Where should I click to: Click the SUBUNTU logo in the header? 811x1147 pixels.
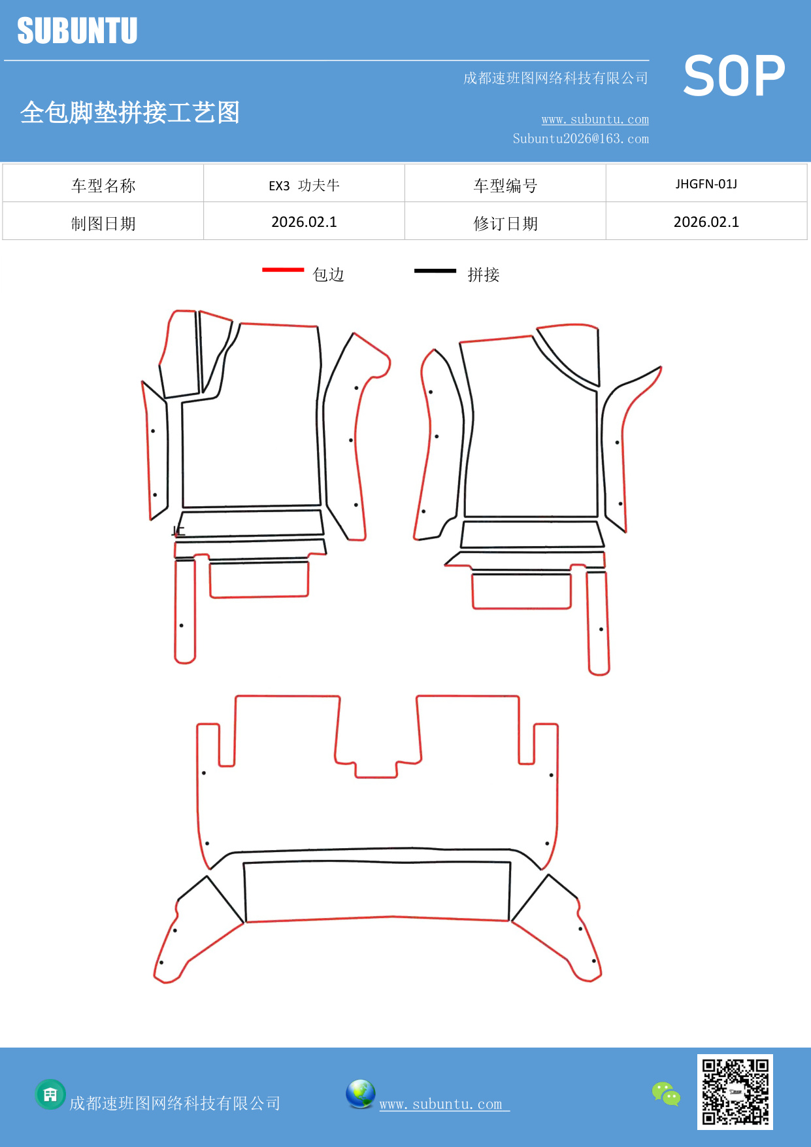point(77,31)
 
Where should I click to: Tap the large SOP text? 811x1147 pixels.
point(734,77)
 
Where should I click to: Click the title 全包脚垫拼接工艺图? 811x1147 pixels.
point(130,112)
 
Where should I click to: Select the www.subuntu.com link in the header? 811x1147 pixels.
point(595,120)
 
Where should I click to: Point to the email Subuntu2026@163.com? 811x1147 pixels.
point(580,139)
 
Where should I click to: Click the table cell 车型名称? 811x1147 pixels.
point(103,186)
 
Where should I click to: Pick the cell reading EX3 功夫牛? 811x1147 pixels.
point(304,186)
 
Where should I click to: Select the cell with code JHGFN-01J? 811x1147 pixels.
point(706,184)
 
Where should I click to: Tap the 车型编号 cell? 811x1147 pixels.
point(505,186)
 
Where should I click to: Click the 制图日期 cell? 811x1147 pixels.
point(103,224)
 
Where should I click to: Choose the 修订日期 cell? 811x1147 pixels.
point(505,224)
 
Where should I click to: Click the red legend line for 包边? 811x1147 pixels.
point(283,269)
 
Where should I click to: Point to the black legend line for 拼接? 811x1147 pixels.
point(435,270)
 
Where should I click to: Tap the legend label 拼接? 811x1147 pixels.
point(483,275)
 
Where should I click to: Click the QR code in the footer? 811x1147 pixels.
point(735,1091)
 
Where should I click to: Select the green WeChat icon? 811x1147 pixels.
point(666,1094)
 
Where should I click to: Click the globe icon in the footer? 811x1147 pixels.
point(360,1094)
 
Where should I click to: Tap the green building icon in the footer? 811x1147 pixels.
point(50,1094)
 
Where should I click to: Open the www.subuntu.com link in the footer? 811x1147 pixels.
point(441,1104)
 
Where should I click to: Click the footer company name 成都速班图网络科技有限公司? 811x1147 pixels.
point(174,1104)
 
